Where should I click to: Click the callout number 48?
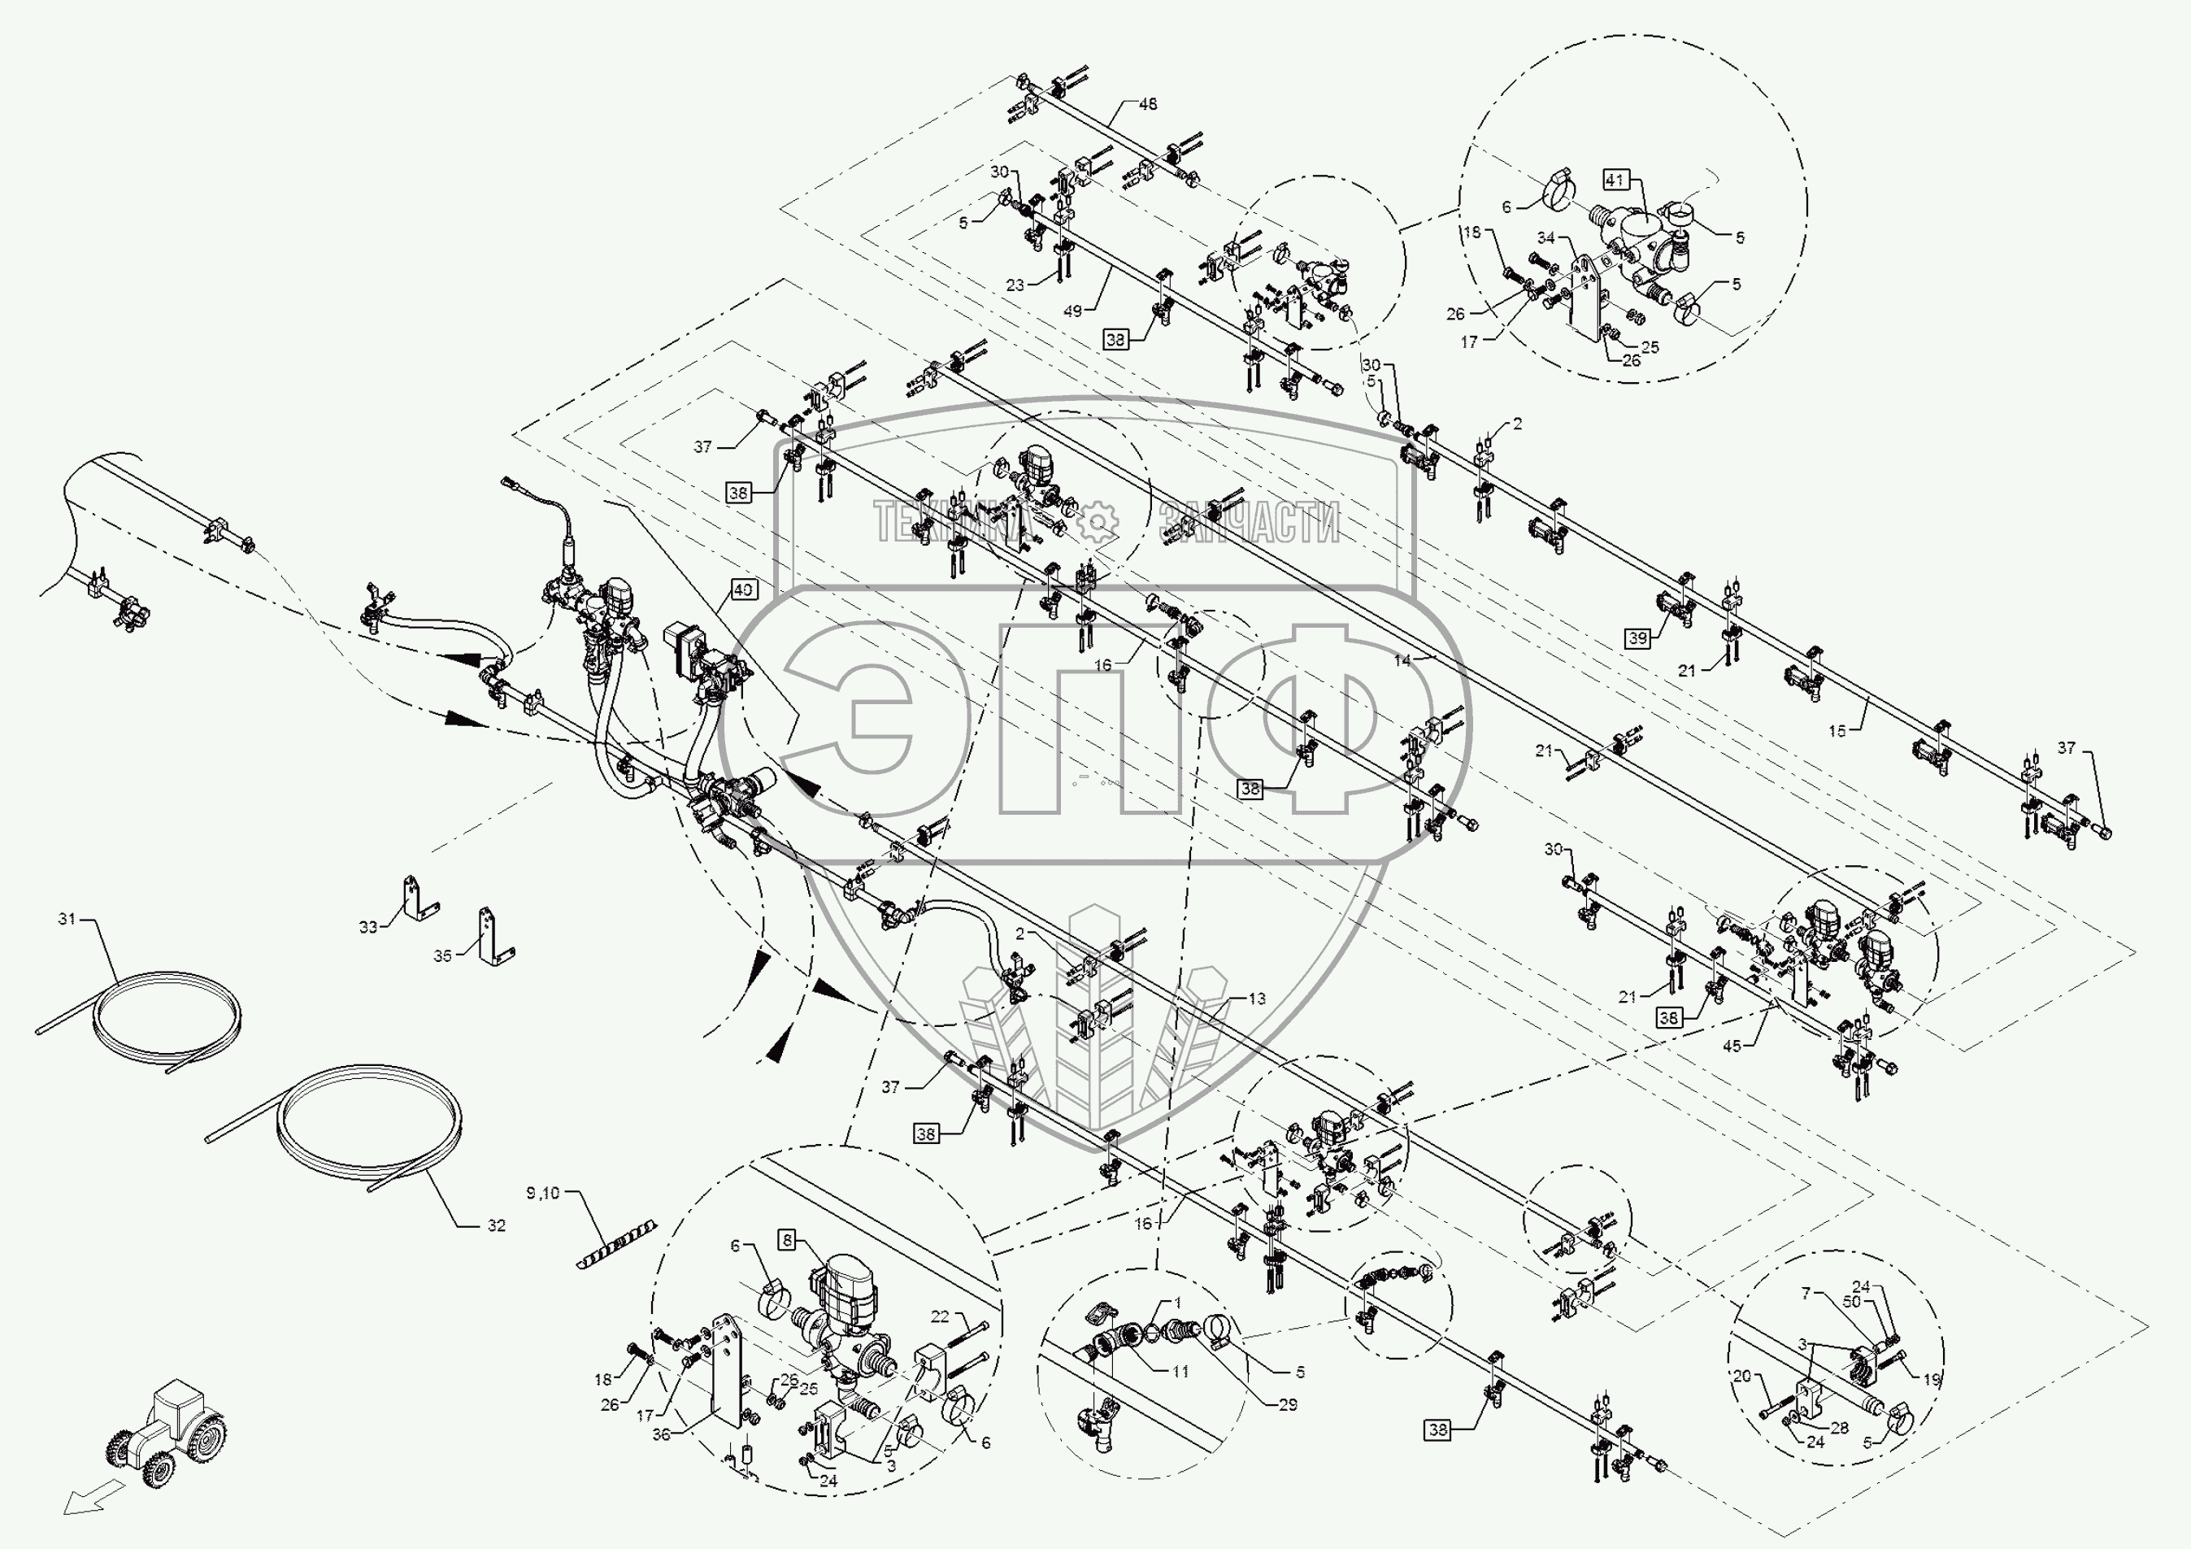[x=1148, y=104]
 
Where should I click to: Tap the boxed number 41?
[x=1615, y=180]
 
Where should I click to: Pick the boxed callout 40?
[x=743, y=590]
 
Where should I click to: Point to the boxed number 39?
[x=1637, y=638]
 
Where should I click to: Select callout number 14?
[x=1402, y=659]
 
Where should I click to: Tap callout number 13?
[x=1257, y=999]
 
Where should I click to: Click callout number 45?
[x=1732, y=1046]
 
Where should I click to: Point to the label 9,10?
[x=543, y=1193]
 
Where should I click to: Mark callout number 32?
[x=496, y=1225]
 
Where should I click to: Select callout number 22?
[x=940, y=1317]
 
